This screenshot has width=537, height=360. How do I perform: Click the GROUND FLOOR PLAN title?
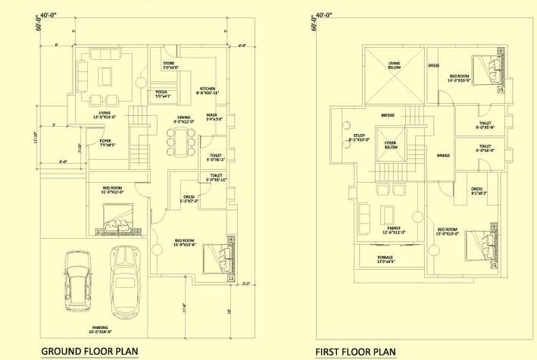(89, 351)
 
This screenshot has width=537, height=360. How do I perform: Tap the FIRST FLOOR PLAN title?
(356, 352)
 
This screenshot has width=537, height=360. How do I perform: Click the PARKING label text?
(101, 328)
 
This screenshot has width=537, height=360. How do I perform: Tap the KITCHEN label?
(207, 89)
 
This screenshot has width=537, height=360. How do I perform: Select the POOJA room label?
(163, 92)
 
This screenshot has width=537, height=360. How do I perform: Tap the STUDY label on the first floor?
(358, 136)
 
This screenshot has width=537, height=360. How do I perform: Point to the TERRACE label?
(386, 258)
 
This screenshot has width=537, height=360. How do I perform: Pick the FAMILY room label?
(395, 229)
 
